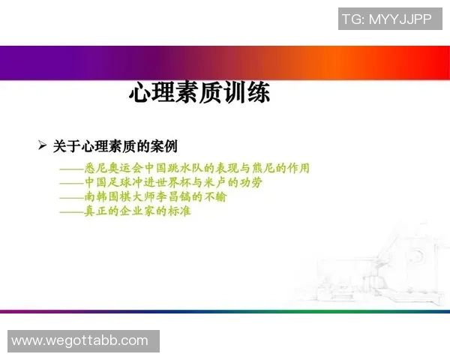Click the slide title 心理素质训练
click(x=199, y=94)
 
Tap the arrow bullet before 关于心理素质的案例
click(x=42, y=145)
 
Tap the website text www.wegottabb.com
click(x=80, y=340)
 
